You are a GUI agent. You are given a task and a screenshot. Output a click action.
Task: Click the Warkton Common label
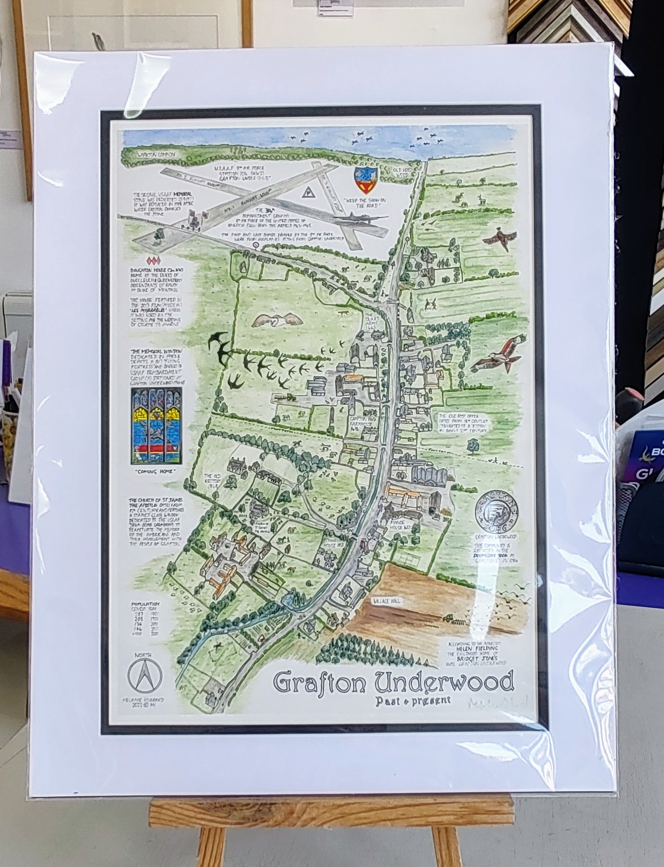(x=156, y=155)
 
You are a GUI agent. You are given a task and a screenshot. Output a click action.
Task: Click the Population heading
(x=146, y=604)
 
